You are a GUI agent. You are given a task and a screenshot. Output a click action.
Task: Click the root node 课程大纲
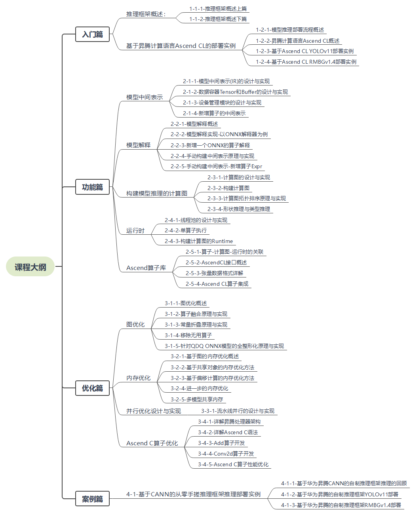coord(30,267)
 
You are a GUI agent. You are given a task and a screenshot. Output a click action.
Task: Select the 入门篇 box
coord(92,34)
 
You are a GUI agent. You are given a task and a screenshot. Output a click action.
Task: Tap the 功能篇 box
coord(92,187)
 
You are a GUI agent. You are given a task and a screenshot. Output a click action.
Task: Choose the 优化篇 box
coord(92,388)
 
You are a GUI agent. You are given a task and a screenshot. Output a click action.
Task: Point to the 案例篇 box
coord(92,499)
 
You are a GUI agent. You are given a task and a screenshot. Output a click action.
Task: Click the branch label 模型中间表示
coord(145,97)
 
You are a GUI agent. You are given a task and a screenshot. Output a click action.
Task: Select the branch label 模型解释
coord(138,145)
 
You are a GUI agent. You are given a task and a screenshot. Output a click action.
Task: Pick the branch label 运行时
coord(135,230)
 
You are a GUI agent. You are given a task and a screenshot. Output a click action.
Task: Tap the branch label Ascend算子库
coord(146,268)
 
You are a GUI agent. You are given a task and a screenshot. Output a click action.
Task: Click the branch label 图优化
coord(135,324)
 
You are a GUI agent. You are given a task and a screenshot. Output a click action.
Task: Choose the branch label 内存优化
coord(138,378)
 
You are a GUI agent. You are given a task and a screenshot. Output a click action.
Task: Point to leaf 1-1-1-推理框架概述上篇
coord(218,9)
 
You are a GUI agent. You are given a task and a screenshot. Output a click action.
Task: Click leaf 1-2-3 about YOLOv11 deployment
coord(304,51)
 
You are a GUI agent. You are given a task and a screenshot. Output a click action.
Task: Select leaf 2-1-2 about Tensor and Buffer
coord(235,92)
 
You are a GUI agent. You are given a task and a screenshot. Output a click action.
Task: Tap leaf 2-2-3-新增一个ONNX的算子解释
coord(210,145)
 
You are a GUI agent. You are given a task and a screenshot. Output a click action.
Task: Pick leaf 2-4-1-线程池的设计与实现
coord(196,220)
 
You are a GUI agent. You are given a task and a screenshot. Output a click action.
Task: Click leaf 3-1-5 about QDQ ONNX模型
coord(224,346)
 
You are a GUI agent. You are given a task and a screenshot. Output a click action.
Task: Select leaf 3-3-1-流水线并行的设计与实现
coord(238,411)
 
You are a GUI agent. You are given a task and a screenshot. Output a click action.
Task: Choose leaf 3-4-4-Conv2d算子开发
coord(226,454)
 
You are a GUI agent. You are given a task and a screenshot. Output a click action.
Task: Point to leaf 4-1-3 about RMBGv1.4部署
coord(341,505)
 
